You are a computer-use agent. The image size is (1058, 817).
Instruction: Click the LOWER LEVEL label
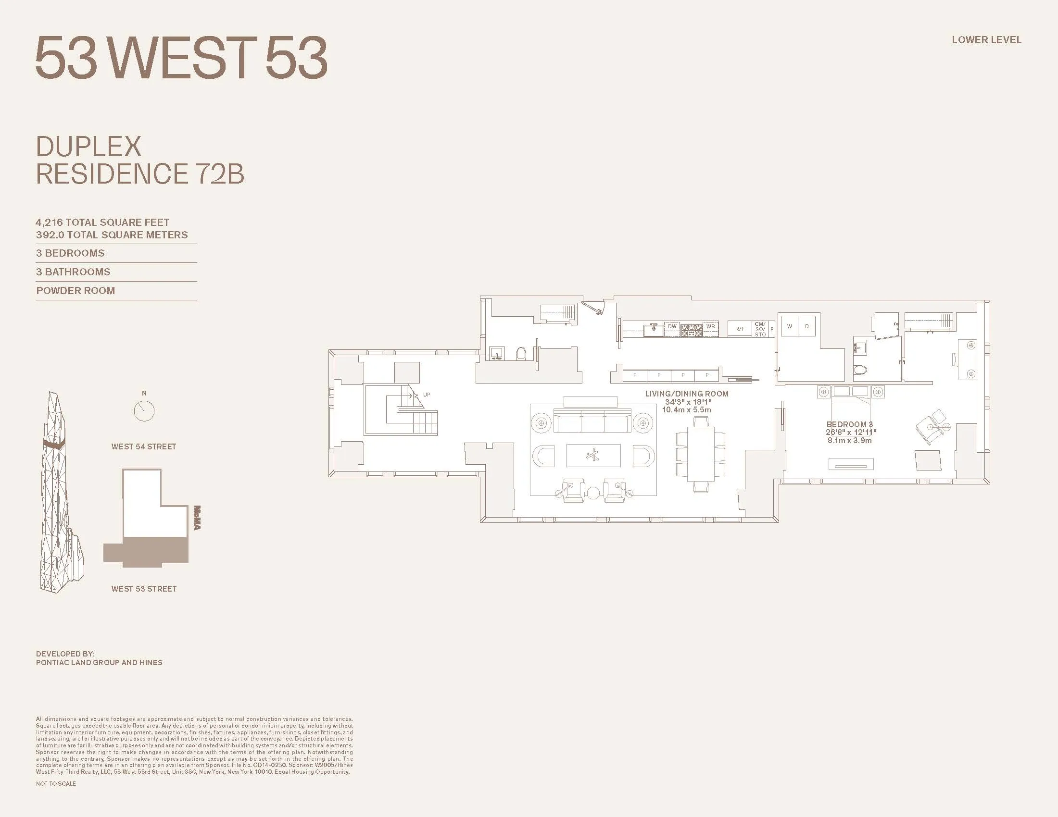click(x=986, y=40)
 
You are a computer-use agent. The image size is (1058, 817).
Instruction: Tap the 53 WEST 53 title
click(x=182, y=58)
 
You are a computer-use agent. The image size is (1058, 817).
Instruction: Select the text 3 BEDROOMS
click(x=70, y=253)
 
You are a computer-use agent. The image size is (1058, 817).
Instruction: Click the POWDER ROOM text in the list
click(x=76, y=291)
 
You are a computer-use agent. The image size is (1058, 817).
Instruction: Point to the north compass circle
click(x=144, y=411)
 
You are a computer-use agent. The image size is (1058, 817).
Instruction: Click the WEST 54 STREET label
click(x=144, y=447)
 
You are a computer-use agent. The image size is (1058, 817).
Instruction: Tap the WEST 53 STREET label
click(x=144, y=589)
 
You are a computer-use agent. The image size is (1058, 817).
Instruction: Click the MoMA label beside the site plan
click(x=197, y=518)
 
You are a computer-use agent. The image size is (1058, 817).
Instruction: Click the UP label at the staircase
click(x=426, y=395)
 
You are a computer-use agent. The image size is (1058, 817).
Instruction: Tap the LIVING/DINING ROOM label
click(x=686, y=394)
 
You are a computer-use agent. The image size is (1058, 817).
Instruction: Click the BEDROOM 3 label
click(x=850, y=424)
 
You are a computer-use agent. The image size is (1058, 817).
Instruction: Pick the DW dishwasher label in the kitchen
click(x=672, y=327)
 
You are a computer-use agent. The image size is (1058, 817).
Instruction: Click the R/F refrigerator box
click(x=740, y=329)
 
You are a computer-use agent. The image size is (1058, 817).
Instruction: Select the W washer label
click(x=790, y=327)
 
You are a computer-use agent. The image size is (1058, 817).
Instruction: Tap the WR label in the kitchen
click(x=710, y=327)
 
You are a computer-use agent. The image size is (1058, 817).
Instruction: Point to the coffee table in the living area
click(x=593, y=455)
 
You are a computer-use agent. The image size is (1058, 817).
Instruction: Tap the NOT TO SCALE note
click(x=56, y=784)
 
